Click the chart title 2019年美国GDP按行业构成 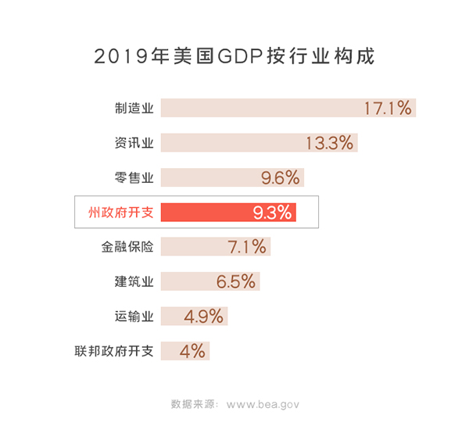point(234,57)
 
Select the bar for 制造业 point(258,108)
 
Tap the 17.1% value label point(388,108)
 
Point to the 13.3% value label point(330,143)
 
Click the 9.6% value point(280,177)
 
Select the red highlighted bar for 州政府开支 point(203,212)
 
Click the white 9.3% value point(272,212)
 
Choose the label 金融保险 point(127,247)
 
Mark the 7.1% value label point(247,247)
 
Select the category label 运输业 point(134,316)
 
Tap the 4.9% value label point(203,316)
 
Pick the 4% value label point(192,351)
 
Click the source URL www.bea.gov point(263,404)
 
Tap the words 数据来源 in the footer point(192,404)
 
